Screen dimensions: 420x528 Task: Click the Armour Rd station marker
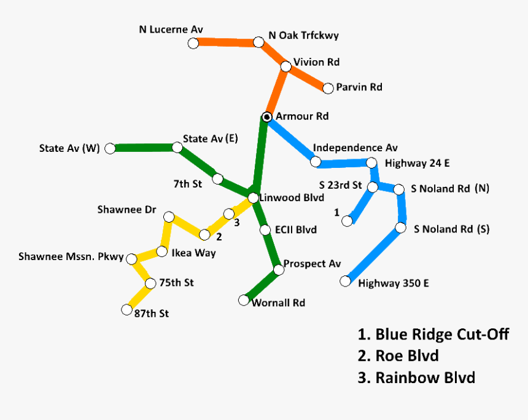point(267,117)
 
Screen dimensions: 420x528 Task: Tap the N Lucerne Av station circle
point(193,43)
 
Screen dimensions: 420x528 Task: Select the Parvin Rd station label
point(359,87)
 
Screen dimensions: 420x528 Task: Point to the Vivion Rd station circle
point(285,66)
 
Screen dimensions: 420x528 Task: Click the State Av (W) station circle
point(110,148)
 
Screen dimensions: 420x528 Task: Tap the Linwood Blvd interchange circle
point(253,197)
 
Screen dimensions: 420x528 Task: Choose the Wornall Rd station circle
point(244,300)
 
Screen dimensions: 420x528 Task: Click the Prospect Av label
point(312,264)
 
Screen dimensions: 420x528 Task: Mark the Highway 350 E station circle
point(345,282)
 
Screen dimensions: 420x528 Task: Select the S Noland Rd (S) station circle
point(400,228)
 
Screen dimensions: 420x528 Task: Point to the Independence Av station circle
point(316,162)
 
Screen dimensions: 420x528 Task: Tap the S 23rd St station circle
point(373,186)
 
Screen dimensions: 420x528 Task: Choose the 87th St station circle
point(127,309)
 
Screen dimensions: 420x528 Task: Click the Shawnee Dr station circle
point(169,216)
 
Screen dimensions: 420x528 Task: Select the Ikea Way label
point(193,252)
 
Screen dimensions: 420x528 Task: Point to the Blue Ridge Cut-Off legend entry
point(433,335)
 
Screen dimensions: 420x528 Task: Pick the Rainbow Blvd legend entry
point(416,377)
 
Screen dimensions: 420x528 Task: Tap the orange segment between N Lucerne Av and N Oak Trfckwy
point(225,42)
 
